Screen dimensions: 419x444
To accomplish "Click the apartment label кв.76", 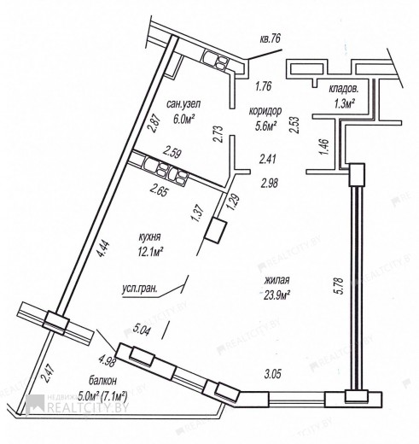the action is pyautogui.click(x=270, y=38).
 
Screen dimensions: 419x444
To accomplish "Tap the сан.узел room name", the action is pyautogui.click(x=183, y=104).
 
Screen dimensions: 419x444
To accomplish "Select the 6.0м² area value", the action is pyautogui.click(x=183, y=117).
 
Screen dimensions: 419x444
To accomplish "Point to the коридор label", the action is pyautogui.click(x=265, y=111).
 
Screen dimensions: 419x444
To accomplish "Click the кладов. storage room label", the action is pyautogui.click(x=344, y=89).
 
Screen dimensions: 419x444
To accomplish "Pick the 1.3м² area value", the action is pyautogui.click(x=344, y=104).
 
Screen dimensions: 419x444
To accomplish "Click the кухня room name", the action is pyautogui.click(x=149, y=237).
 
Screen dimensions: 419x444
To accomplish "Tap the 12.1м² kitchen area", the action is pyautogui.click(x=150, y=251).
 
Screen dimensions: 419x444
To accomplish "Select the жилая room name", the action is pyautogui.click(x=276, y=280).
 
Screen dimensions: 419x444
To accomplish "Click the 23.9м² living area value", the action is pyautogui.click(x=276, y=295).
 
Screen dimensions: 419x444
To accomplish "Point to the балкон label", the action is pyautogui.click(x=102, y=380).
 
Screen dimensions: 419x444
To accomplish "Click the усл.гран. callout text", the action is pyautogui.click(x=140, y=289).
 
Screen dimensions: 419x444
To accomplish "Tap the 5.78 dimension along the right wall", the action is pyautogui.click(x=340, y=286).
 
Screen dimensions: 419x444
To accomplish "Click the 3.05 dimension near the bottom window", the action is pyautogui.click(x=273, y=374).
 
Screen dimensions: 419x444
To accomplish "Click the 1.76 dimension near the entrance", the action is pyautogui.click(x=264, y=85).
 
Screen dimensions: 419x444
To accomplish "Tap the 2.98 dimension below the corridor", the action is pyautogui.click(x=270, y=183).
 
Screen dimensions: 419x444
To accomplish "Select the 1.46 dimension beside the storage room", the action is pyautogui.click(x=324, y=147).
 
